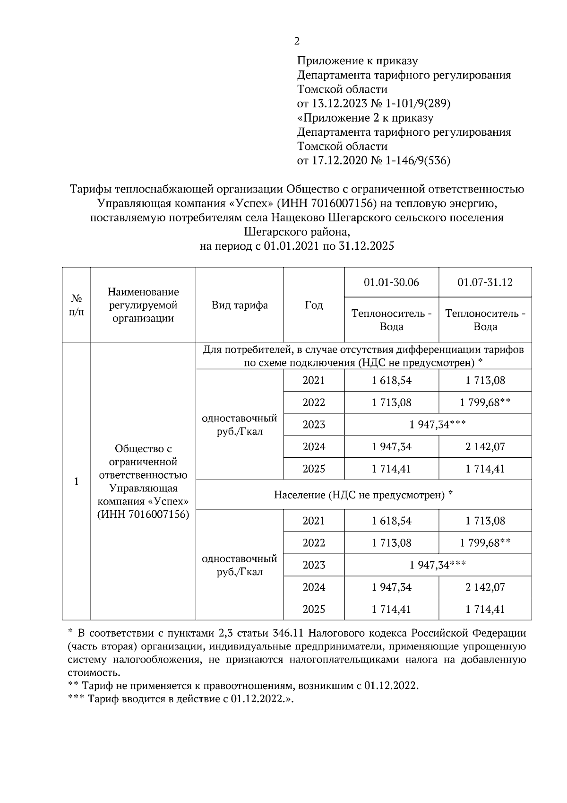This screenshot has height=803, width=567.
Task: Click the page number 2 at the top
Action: pyautogui.click(x=297, y=42)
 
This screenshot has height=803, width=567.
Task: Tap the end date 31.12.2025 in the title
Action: pyautogui.click(x=367, y=246)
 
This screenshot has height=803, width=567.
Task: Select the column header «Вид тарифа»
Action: pyautogui.click(x=240, y=305)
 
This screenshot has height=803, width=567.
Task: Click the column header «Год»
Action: pyautogui.click(x=314, y=305)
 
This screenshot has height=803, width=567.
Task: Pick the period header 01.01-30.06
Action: pyautogui.click(x=391, y=282)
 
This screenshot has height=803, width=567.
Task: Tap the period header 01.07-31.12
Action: pyautogui.click(x=485, y=282)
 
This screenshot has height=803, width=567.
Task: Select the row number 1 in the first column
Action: pyautogui.click(x=77, y=481)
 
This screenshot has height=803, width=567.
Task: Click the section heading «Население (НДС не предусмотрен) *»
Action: pyautogui.click(x=363, y=495)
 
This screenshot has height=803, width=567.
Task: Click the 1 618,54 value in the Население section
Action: pyautogui.click(x=391, y=521)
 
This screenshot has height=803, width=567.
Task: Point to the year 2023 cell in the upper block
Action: pyautogui.click(x=314, y=425)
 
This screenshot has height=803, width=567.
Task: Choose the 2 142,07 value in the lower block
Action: pyautogui.click(x=485, y=587)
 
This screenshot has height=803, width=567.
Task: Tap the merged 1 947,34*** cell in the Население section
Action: pyautogui.click(x=438, y=565)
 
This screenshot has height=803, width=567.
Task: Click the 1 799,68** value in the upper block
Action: pyautogui.click(x=485, y=402)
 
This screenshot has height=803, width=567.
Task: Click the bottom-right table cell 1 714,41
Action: pyautogui.click(x=485, y=609)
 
